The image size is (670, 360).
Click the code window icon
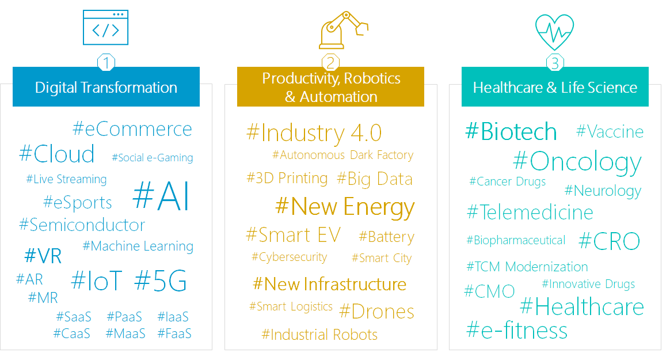[105, 28]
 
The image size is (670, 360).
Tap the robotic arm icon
[343, 30]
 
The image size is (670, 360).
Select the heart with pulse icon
[555, 32]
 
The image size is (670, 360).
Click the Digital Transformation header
[106, 87]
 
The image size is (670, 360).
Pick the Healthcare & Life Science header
[555, 87]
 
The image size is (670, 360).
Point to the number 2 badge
[330, 63]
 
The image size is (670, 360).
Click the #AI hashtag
[161, 196]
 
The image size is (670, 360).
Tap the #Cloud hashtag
[57, 154]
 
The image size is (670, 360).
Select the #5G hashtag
[160, 281]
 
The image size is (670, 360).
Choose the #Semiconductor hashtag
[82, 225]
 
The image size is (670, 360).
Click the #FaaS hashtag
[174, 334]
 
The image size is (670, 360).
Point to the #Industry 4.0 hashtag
[314, 132]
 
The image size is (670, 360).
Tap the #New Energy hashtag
[345, 207]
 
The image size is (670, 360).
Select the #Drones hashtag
[376, 311]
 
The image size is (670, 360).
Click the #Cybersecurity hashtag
[290, 257]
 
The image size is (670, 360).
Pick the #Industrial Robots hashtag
[319, 334]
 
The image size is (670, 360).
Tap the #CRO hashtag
[610, 241]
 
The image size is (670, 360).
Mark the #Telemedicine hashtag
[530, 212]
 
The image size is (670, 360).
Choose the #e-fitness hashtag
[517, 330]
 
